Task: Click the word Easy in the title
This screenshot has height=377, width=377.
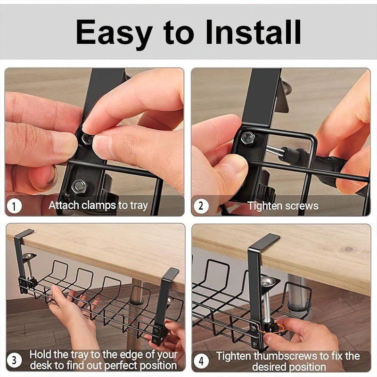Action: pyautogui.click(x=115, y=32)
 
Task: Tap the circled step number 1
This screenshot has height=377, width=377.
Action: pyautogui.click(x=15, y=206)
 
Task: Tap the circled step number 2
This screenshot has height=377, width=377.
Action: pyautogui.click(x=201, y=206)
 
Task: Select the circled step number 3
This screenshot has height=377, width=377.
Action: pyautogui.click(x=14, y=361)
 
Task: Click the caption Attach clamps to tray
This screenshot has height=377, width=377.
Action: pyautogui.click(x=98, y=205)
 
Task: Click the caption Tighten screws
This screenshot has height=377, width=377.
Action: pyautogui.click(x=283, y=206)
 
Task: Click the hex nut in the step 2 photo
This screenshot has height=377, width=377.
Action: pyautogui.click(x=248, y=138)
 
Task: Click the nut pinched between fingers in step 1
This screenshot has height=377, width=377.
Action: pyautogui.click(x=86, y=139)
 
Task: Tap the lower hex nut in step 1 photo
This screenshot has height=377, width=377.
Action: pyautogui.click(x=79, y=187)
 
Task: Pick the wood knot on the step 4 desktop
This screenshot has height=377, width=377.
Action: pyautogui.click(x=348, y=248)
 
